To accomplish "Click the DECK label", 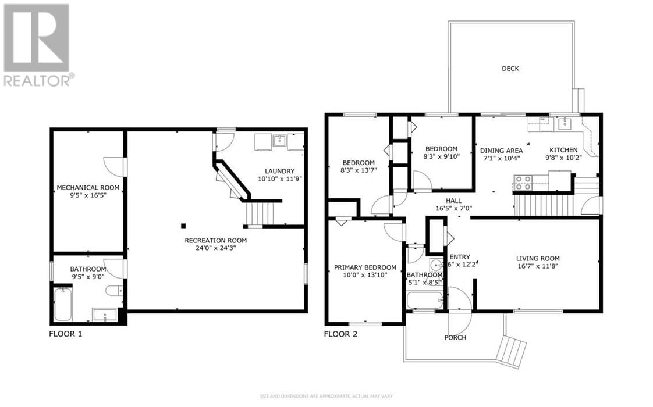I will point(510,69).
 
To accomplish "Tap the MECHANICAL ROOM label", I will point(88,187).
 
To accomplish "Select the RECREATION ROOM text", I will point(215,240).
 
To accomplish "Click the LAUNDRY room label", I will point(279,171).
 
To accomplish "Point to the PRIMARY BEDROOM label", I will point(365,267).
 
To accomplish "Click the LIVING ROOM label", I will point(538,259).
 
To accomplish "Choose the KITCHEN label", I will point(561,150).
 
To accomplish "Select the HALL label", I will point(454,200).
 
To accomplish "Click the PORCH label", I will point(455,337).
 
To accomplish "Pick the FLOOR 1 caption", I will point(66,334).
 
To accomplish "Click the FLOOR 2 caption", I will point(340,334).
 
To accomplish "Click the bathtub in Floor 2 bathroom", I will point(424,301).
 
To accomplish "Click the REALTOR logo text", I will point(39,80).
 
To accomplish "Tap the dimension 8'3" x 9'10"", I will point(441,157).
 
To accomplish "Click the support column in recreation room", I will point(183,226).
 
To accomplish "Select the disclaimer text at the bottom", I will point(326,397).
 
